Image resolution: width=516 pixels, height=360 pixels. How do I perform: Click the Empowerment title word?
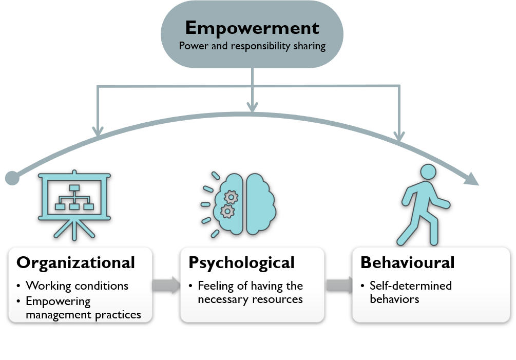coord(252,27)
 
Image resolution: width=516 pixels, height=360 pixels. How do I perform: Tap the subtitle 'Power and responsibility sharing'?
coord(252,46)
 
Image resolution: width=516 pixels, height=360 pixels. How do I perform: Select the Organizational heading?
coord(75,262)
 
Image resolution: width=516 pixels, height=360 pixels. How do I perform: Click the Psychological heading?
coord(241,262)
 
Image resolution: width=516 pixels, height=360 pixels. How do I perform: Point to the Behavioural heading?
coord(407,262)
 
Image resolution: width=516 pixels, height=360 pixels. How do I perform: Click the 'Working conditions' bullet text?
coord(77,286)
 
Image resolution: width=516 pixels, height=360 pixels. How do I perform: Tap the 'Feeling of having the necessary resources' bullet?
coord(251,292)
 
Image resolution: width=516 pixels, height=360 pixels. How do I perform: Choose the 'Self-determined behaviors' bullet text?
coord(410,292)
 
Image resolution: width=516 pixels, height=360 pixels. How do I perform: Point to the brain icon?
coord(245,204)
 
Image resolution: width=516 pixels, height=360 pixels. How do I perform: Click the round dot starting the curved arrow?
coord(12,178)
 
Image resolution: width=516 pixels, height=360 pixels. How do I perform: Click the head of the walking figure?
coord(428,172)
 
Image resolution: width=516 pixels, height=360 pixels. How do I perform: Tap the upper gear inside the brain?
coord(232,196)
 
